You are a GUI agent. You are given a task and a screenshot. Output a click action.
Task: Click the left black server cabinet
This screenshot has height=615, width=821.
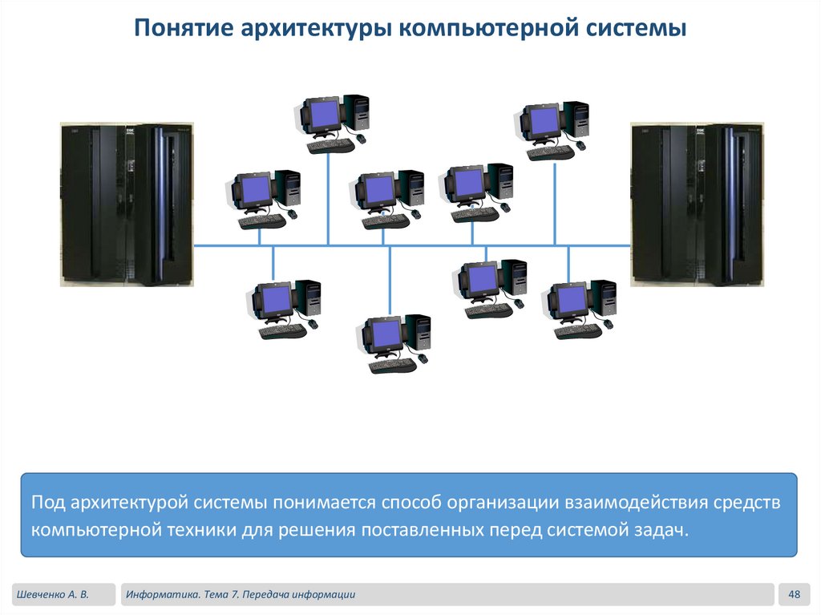coord(127,204)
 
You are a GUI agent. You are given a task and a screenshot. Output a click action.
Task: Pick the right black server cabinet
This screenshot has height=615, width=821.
coord(696,204)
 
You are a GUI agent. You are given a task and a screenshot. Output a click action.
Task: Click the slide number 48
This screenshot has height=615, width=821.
coord(795,594)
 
